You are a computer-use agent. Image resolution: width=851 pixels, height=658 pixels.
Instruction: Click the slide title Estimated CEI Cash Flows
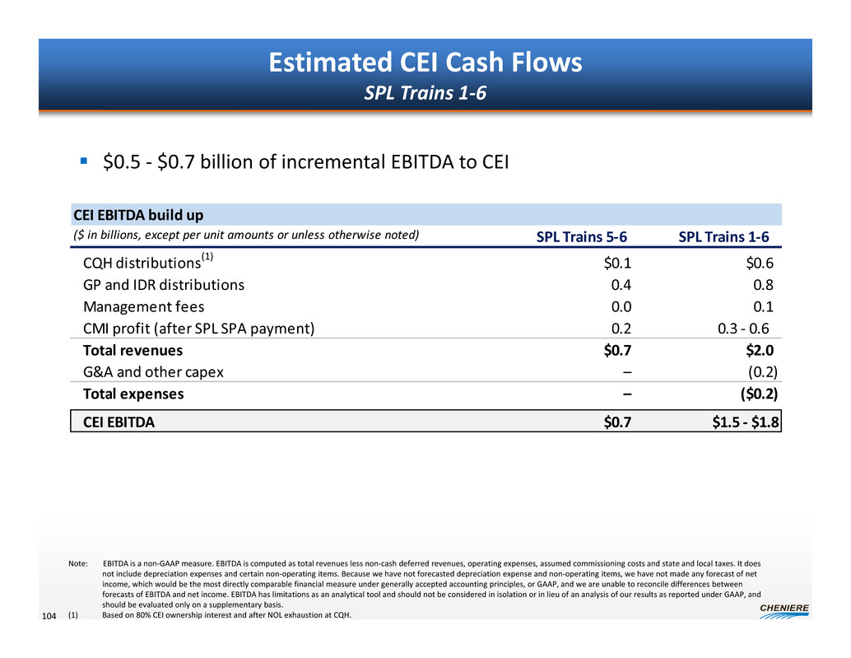[x=425, y=63]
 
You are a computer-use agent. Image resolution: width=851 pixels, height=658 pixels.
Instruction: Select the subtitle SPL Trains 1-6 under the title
[x=425, y=94]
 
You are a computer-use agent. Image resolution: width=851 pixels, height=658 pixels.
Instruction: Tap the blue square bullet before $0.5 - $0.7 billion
[x=83, y=161]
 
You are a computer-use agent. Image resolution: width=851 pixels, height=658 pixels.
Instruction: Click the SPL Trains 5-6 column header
[x=581, y=237]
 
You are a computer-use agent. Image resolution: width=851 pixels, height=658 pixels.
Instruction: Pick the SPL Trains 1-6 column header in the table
[x=723, y=237]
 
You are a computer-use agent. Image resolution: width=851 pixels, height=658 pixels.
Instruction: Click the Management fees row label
[x=143, y=307]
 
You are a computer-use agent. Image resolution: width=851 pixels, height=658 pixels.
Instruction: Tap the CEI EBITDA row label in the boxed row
[x=119, y=422]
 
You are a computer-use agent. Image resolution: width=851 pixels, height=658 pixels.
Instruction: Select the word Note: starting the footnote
[x=78, y=563]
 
